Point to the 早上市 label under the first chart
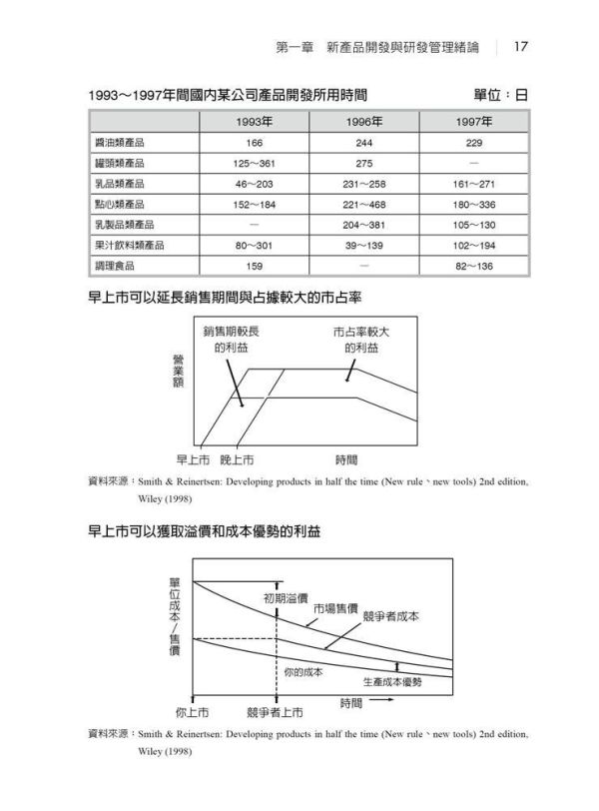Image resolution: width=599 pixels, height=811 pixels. (193, 459)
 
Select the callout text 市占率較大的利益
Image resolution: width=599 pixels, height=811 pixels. (361, 340)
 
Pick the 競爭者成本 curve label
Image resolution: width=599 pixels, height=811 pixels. (391, 616)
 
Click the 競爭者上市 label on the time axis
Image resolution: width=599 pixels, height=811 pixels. (274, 712)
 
